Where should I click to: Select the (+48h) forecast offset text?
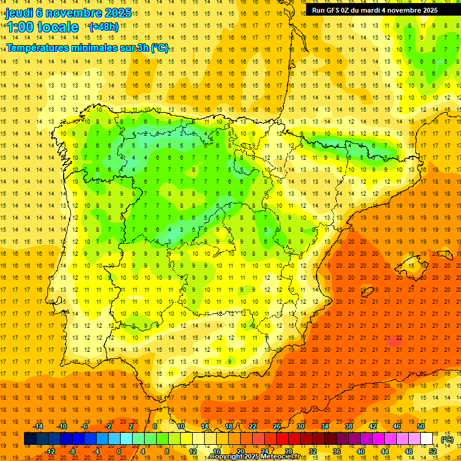[104, 27]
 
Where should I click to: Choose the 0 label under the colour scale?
[119, 451]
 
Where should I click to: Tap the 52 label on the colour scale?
[433, 451]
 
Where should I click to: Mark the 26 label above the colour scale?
[277, 426]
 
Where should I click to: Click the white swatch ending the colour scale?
[427, 439]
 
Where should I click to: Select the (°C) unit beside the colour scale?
[447, 439]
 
